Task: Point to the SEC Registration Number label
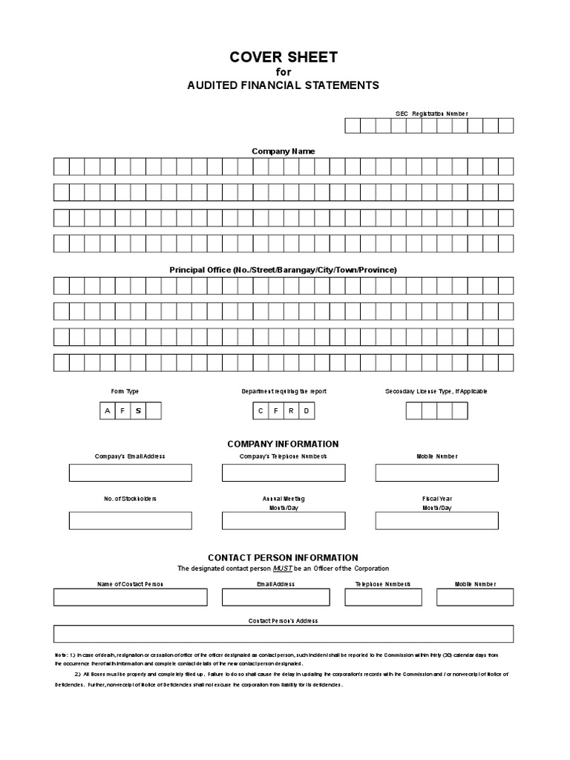point(431,114)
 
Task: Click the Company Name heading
point(283,151)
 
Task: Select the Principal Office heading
point(283,269)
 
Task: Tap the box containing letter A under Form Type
point(108,410)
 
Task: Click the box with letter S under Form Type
point(138,410)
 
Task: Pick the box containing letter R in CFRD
point(291,410)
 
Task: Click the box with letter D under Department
point(306,410)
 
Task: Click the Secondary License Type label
point(436,391)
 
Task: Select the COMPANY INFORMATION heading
point(283,444)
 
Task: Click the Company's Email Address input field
point(131,473)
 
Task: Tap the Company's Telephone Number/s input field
point(283,473)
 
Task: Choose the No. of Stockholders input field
point(131,520)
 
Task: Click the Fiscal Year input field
point(436,520)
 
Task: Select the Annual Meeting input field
point(283,520)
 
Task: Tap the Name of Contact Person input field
point(131,597)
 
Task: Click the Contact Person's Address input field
point(283,633)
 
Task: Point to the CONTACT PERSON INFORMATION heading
point(283,557)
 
